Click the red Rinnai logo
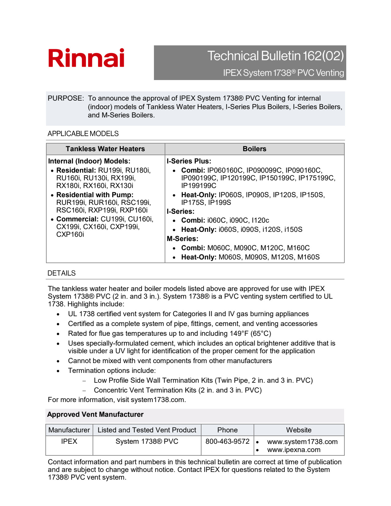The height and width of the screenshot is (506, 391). [86, 58]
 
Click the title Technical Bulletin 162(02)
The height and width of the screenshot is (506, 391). [275, 56]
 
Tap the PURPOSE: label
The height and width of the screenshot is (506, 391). [66, 98]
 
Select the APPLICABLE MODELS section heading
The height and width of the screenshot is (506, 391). [83, 134]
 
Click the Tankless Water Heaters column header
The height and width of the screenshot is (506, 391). [105, 149]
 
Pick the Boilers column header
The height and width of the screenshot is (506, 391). [254, 149]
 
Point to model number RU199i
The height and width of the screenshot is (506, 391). [110, 171]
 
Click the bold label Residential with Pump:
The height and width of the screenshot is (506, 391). [95, 195]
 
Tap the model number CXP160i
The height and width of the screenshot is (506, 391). [70, 235]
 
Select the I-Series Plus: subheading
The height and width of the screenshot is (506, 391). [189, 161]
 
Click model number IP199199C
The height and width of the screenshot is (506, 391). [199, 186]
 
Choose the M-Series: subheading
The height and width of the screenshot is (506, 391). [182, 239]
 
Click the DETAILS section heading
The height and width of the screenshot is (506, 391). [62, 273]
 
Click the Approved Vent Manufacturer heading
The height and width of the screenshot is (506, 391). [95, 415]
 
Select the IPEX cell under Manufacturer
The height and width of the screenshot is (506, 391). [69, 442]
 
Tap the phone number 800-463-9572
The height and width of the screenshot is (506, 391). [228, 442]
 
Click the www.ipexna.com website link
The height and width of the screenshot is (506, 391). [294, 450]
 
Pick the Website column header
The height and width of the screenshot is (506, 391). [299, 430]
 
